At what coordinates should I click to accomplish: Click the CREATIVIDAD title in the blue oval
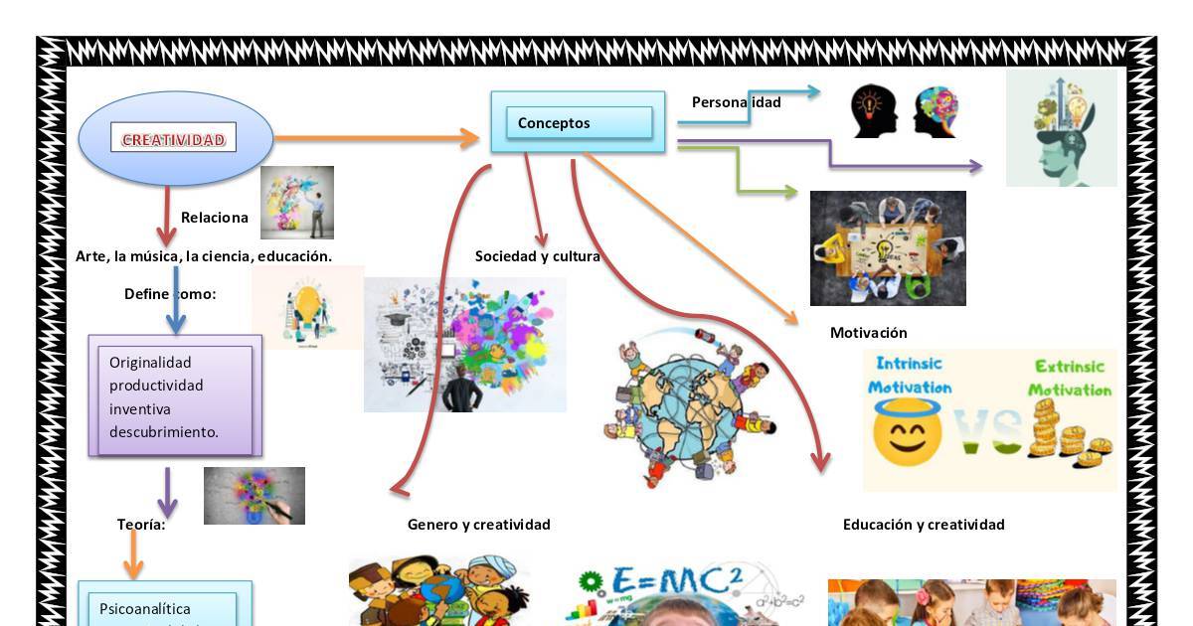point(174,140)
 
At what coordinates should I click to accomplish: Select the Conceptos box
point(578,123)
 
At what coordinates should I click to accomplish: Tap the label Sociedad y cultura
point(537,256)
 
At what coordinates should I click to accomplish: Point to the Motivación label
point(868,333)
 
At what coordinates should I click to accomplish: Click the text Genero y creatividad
point(478,525)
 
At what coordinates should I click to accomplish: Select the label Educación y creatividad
point(924,525)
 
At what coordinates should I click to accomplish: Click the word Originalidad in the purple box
point(150,363)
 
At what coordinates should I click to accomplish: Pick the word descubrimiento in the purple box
point(163,432)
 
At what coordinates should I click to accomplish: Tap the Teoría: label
point(141,525)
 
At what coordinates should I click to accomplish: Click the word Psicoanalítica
point(145,609)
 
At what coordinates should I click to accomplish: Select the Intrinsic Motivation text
point(910,376)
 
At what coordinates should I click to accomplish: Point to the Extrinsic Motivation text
point(1070,378)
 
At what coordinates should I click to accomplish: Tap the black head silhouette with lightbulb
point(874,110)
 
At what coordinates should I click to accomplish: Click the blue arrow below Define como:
point(175,303)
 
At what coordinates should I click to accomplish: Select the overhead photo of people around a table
point(888,248)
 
